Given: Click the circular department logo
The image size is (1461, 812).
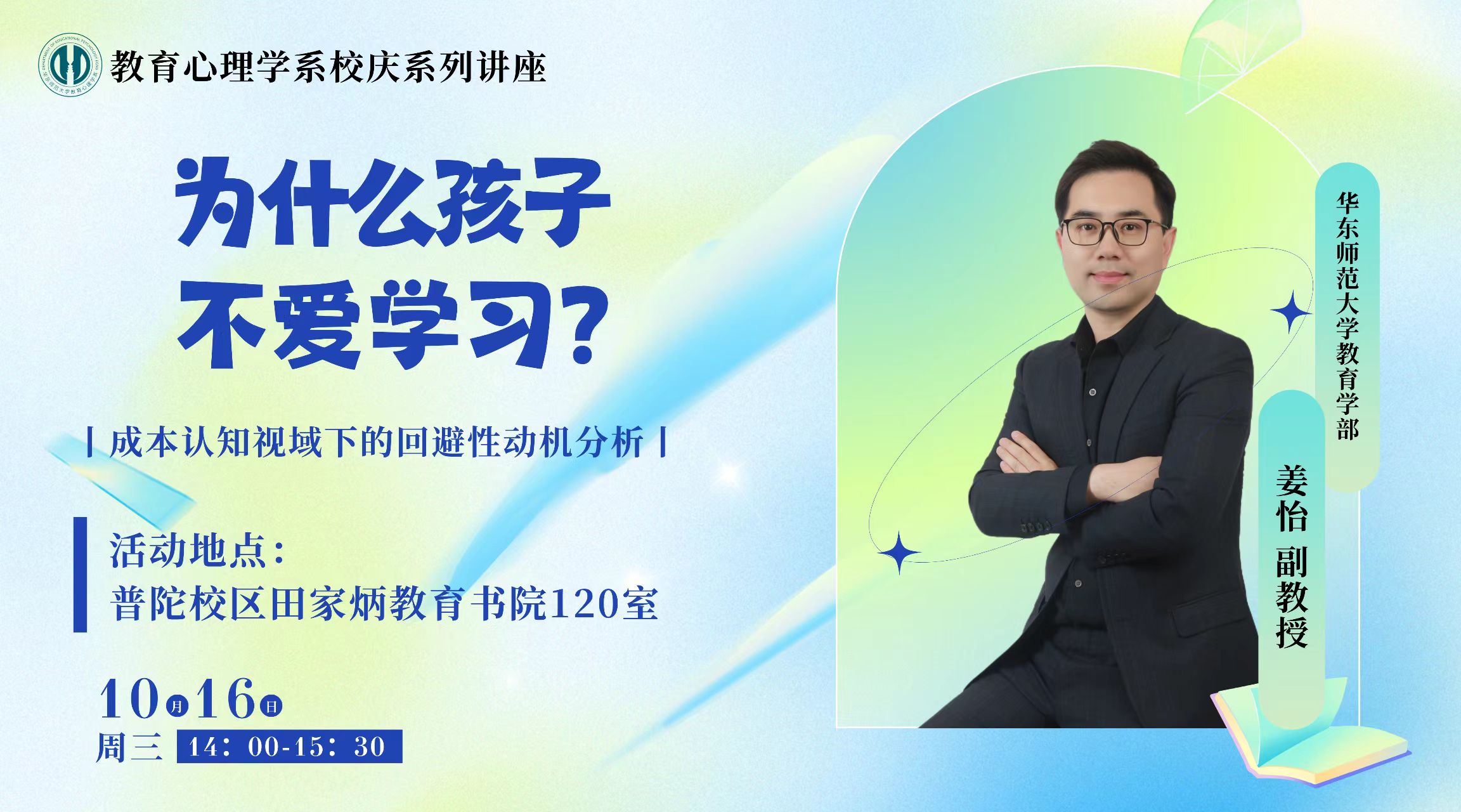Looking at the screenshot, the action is (x=70, y=65).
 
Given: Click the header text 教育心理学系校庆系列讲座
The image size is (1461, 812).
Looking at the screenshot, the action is (x=328, y=67).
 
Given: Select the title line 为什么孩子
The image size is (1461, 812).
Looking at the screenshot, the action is (x=392, y=205).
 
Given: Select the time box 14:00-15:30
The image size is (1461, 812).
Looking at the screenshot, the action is (x=289, y=747).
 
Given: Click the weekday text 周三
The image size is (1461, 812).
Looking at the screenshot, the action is (x=129, y=747).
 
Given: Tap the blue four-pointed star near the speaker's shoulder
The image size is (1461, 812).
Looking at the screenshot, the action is (x=1291, y=312).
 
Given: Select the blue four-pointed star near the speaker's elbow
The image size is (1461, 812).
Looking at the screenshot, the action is (x=899, y=553).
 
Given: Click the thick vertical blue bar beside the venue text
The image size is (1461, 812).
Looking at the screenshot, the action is (x=81, y=575).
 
